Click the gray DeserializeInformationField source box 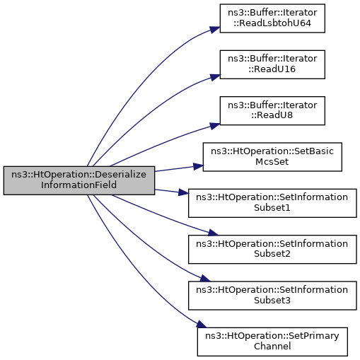tap(79, 180)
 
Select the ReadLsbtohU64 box tap(272, 18)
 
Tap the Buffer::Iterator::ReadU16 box tap(272, 64)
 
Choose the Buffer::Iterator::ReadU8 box tap(272, 110)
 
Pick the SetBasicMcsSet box tap(272, 157)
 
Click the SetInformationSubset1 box tap(272, 203)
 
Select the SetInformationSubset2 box tap(272, 249)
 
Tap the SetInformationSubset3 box tap(272, 296)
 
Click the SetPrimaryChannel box tap(272, 342)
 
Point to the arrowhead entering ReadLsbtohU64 tap(215, 30)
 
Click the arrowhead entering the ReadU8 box tap(214, 126)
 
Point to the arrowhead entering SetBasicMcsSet tap(198, 166)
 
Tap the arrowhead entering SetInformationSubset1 tap(183, 192)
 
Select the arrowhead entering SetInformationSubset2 tap(213, 233)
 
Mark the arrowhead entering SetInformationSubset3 tap(205, 279)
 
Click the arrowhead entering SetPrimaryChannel tap(202, 324)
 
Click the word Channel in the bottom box tap(272, 347)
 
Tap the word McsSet tap(272, 162)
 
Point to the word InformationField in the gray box tap(79, 185)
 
